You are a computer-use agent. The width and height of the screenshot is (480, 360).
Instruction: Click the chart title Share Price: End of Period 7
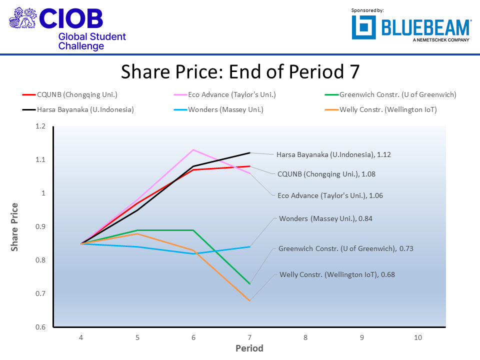240,72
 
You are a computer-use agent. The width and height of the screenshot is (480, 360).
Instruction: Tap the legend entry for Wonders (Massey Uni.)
225,109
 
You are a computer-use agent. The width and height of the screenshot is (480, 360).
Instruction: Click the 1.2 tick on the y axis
40,126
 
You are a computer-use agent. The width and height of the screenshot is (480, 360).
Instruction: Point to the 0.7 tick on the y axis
40,294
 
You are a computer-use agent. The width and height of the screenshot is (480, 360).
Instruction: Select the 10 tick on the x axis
418,337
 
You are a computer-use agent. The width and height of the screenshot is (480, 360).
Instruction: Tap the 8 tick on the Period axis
305,337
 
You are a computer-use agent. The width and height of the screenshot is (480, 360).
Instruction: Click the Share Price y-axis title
15,226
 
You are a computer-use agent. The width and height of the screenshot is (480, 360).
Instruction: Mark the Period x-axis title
249,348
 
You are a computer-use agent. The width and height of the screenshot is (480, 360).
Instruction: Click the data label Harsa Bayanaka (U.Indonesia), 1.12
333,154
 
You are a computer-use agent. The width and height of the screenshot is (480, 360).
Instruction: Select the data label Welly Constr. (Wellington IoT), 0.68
337,274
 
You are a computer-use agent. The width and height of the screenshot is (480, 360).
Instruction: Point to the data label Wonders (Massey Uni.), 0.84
325,218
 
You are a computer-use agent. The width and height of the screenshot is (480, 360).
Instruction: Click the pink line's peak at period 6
193,149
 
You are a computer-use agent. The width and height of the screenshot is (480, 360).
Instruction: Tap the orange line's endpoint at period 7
249,300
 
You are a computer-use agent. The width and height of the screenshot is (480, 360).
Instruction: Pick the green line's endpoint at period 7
249,284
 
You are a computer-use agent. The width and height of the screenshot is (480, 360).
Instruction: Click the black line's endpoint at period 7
249,152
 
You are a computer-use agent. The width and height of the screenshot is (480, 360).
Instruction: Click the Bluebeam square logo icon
363,27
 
